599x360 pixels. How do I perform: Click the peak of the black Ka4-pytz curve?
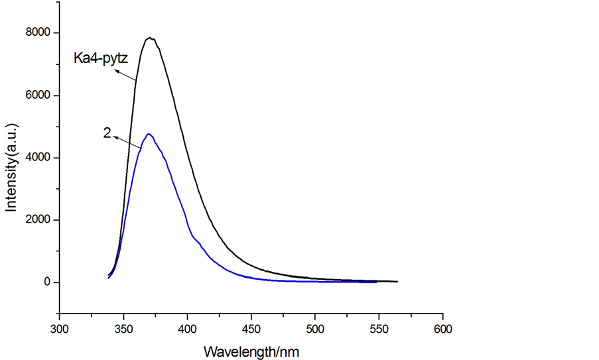coord(151,38)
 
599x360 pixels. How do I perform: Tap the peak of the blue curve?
coord(149,135)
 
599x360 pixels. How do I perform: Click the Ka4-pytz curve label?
coord(105,59)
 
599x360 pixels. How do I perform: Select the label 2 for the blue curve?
coord(107,133)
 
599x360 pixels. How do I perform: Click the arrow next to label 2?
coord(127,142)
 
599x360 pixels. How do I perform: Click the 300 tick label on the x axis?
coord(60,328)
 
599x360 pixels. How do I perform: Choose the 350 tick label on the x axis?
coord(123,328)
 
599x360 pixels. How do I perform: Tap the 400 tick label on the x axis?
coord(188,328)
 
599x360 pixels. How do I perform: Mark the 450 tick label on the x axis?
coord(251,328)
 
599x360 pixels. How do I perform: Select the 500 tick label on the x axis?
coord(315,328)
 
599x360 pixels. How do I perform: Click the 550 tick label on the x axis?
coord(379,328)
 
